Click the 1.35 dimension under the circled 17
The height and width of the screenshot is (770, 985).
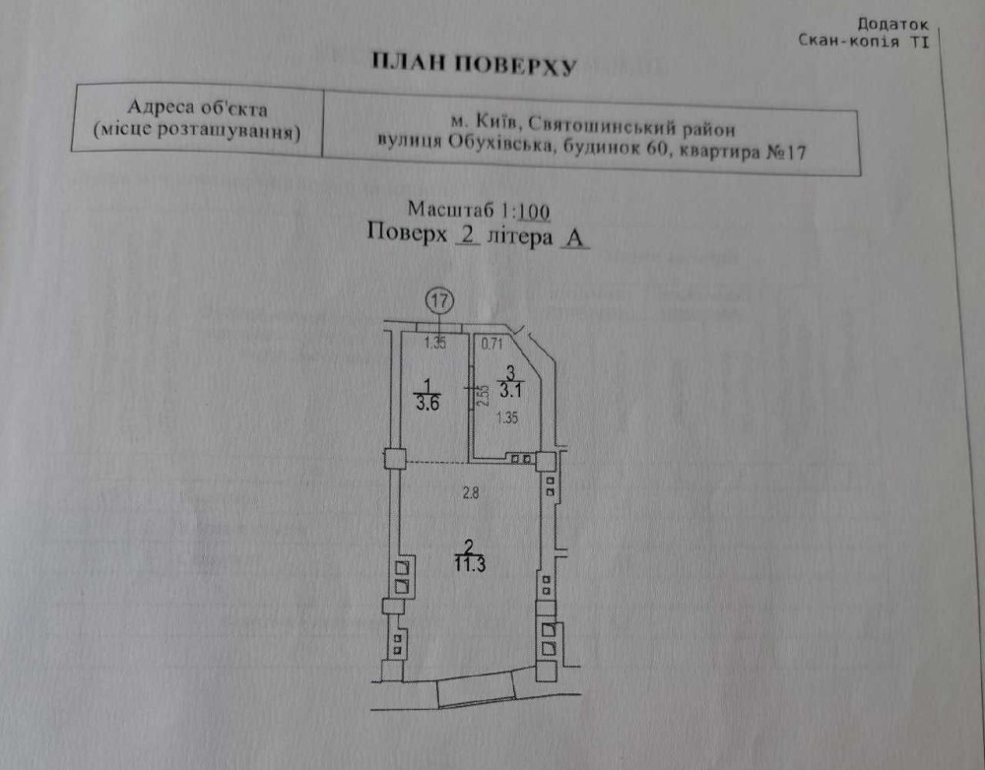(435, 344)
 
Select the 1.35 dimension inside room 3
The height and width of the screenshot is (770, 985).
(506, 417)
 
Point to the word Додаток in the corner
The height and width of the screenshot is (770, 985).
(893, 23)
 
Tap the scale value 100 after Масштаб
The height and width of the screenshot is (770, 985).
(532, 210)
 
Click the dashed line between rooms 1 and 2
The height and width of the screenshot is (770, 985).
(435, 462)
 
